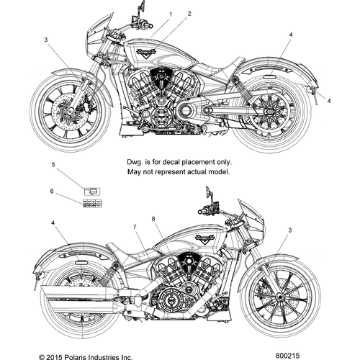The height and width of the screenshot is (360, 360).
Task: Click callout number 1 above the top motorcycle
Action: click(x=171, y=14)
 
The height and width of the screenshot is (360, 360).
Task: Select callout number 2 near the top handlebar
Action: click(x=189, y=14)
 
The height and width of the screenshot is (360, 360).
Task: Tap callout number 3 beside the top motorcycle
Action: click(x=46, y=40)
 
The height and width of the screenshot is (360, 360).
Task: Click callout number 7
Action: click(x=135, y=228)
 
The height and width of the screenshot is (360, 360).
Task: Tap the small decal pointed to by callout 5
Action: click(x=92, y=191)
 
